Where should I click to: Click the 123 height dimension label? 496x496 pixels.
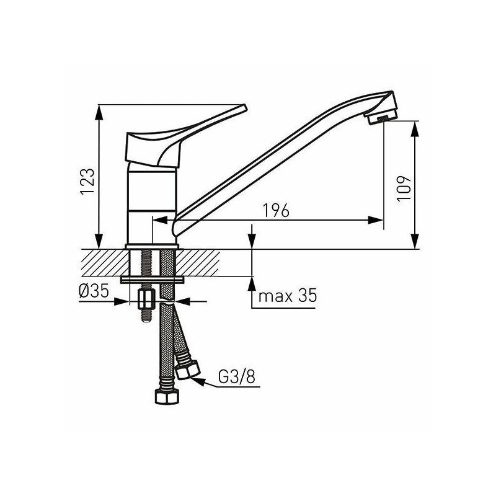pyautogui.click(x=87, y=181)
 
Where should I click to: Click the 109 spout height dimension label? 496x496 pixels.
pyautogui.click(x=404, y=188)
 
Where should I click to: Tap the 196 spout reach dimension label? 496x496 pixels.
pyautogui.click(x=276, y=210)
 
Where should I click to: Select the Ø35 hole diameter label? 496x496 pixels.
pyautogui.click(x=94, y=290)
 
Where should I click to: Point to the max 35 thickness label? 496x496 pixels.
pyautogui.click(x=288, y=296)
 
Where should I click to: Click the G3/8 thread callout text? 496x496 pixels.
pyautogui.click(x=237, y=377)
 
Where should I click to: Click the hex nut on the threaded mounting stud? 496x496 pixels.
pyautogui.click(x=146, y=299)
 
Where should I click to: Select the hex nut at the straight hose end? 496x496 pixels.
pyautogui.click(x=167, y=397)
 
